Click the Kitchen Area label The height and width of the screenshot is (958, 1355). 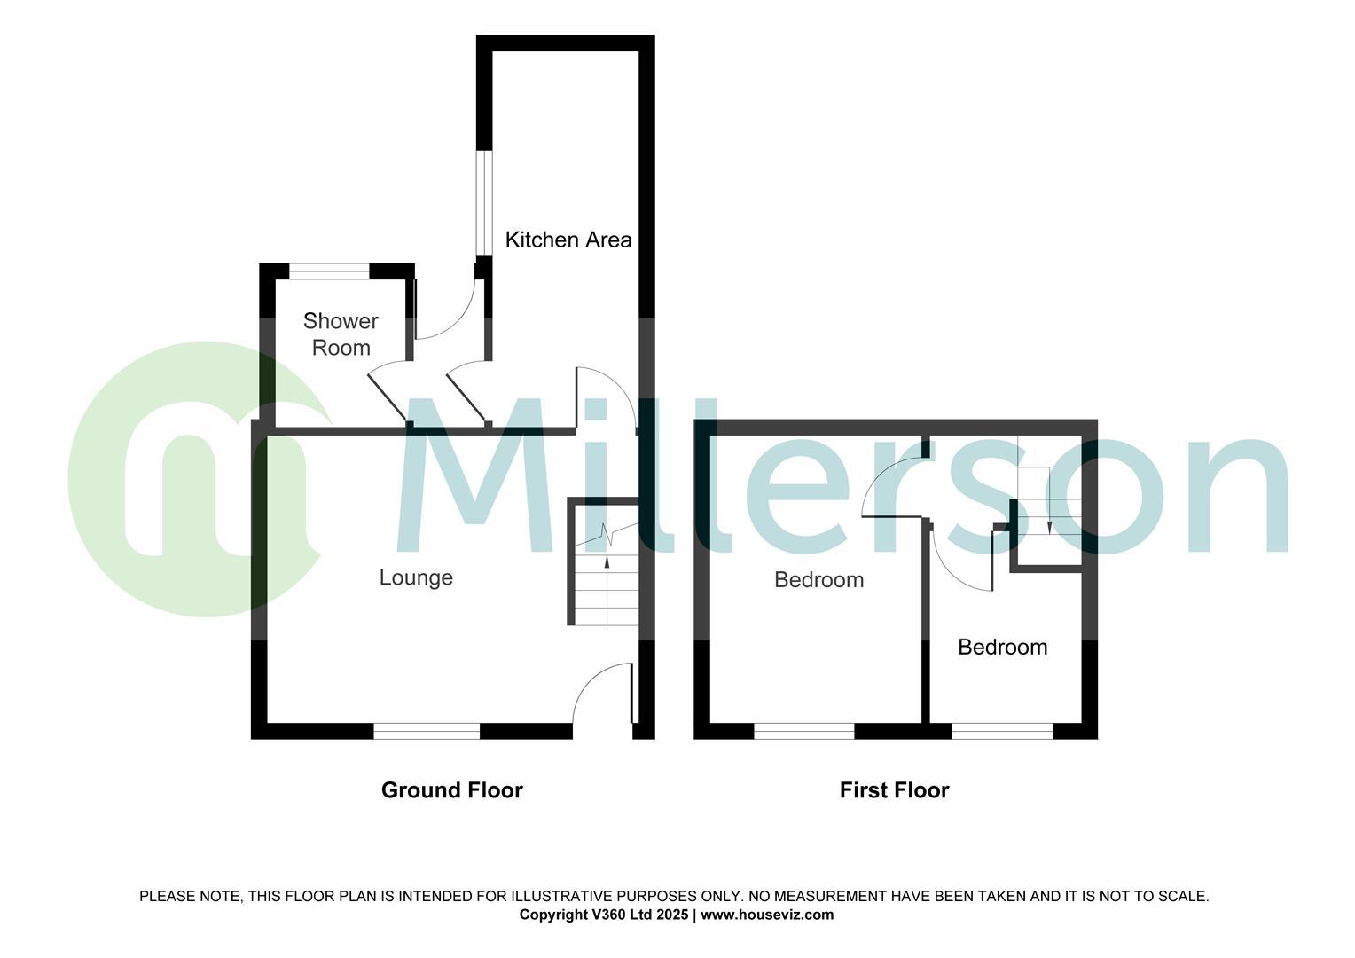pos(568,239)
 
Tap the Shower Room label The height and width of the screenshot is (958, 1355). pos(341,334)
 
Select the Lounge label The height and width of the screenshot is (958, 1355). pos(416,577)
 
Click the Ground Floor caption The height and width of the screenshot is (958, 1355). pos(451,790)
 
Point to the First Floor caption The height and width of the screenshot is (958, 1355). pos(894,790)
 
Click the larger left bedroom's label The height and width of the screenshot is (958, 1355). pos(818,580)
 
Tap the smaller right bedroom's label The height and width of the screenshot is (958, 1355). pos(1002,647)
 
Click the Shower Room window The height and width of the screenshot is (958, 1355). pos(330,271)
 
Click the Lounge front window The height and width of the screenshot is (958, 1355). pos(427,731)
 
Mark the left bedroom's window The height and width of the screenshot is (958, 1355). pos(803,731)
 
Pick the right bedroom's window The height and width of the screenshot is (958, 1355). pos(1002,731)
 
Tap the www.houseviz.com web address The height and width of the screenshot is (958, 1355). pos(767,915)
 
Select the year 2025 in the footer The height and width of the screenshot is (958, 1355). pos(671,915)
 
